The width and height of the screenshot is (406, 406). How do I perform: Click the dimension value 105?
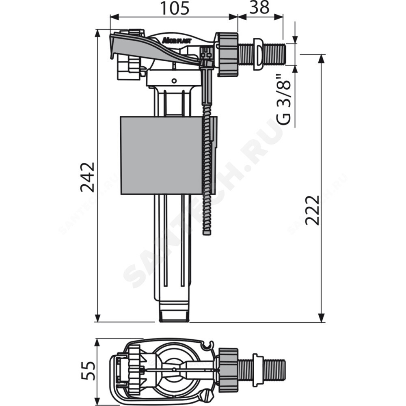click(174, 8)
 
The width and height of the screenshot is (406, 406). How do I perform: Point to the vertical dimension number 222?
click(313, 210)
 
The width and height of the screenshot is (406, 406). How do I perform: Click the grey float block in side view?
click(161, 155)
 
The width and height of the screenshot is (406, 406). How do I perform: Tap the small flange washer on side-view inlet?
click(257, 54)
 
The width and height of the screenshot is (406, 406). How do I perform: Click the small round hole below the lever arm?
click(174, 80)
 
